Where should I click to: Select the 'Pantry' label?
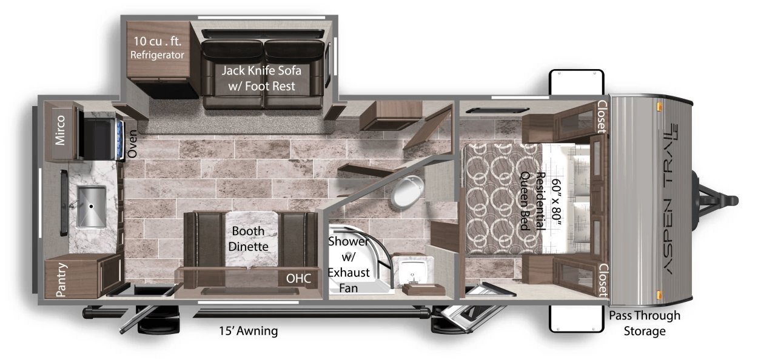[61, 279]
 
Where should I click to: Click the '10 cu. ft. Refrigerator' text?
[158, 47]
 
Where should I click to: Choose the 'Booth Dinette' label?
[249, 239]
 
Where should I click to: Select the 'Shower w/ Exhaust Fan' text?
[348, 265]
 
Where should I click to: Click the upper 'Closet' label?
[602, 116]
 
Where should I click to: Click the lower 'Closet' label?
[602, 279]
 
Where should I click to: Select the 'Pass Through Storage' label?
[645, 323]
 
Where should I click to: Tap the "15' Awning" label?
[249, 331]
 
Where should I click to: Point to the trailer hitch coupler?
[728, 199]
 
